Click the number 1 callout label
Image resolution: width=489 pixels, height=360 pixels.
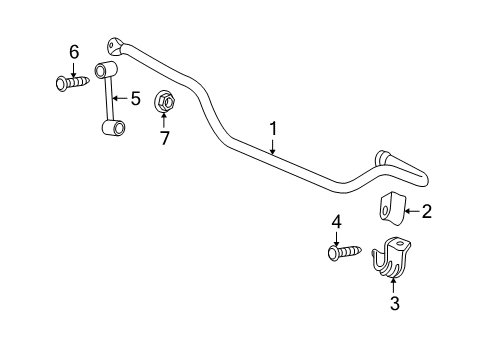pos(271,129)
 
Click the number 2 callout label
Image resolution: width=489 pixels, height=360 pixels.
pos(426,211)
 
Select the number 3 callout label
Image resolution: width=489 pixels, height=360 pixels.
pos(394,303)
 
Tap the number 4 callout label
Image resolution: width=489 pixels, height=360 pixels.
pos(337,222)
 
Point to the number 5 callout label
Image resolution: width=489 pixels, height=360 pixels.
pos(135,98)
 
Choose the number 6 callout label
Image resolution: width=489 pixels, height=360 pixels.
pos(72,51)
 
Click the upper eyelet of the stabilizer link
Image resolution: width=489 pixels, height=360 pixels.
pos(107,69)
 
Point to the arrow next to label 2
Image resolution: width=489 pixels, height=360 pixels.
pos(410,211)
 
